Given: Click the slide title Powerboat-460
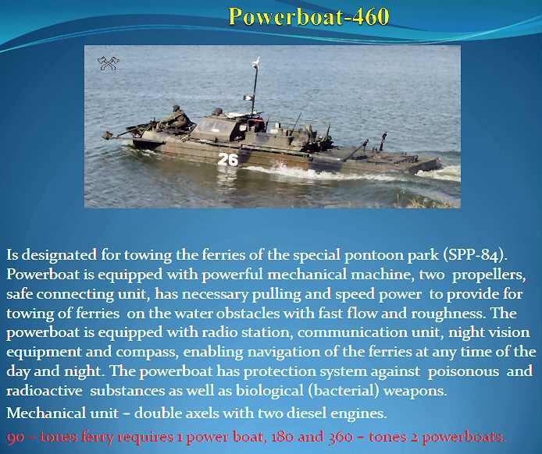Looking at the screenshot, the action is [309, 16].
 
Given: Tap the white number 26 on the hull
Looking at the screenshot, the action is [228, 159].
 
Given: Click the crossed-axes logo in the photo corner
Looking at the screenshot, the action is [109, 63].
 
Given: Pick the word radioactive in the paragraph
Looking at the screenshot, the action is [45, 391].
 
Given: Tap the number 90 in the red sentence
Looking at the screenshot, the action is [15, 438].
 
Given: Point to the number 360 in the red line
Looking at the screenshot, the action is [341, 438].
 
